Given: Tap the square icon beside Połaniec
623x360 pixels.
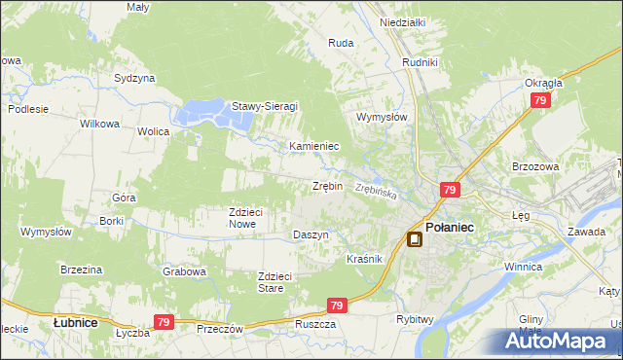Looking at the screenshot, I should pos(415,239).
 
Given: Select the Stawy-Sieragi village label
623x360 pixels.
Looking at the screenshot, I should pos(264,106).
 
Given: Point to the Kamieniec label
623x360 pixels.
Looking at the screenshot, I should pos(313,146).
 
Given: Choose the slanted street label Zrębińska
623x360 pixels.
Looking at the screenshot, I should pos(376,191).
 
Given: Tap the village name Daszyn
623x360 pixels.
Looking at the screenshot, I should pos(311,235).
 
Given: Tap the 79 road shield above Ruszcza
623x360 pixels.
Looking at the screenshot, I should pos(337,306).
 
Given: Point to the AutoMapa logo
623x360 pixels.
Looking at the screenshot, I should pos(559,341).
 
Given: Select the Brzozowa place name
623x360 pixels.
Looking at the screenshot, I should pos(534,166).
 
